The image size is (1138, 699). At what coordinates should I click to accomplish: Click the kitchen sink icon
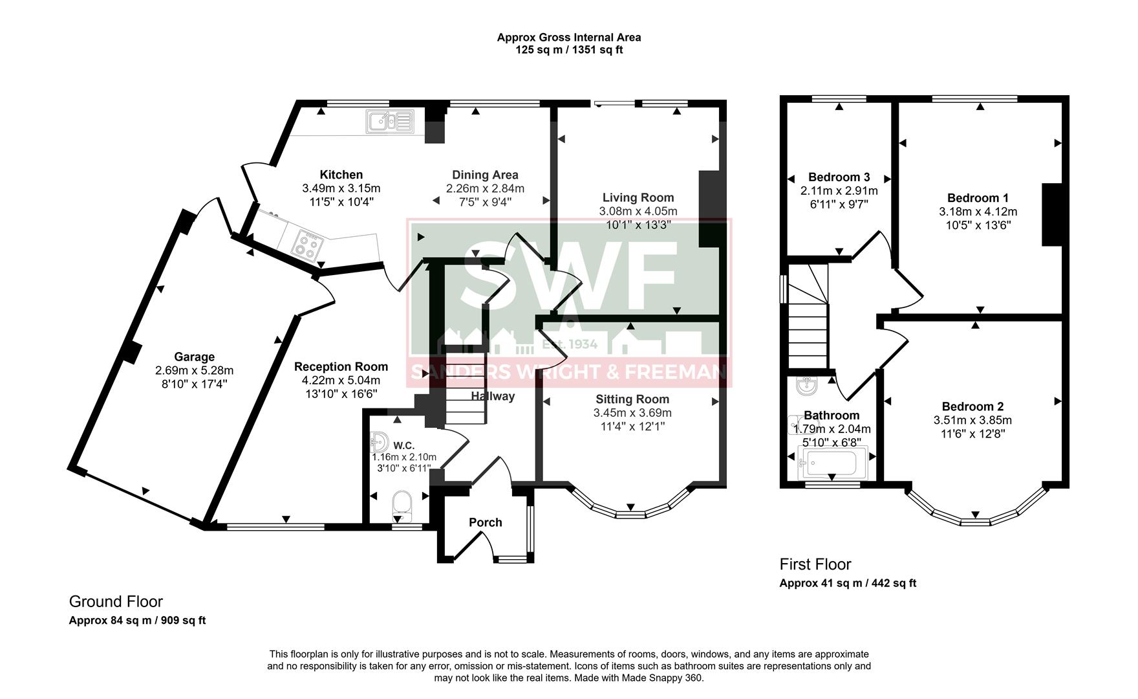pyautogui.click(x=389, y=121)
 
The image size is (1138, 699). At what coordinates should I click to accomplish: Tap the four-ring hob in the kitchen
pyautogui.click(x=306, y=245)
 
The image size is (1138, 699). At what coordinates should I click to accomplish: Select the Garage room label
pyautogui.click(x=194, y=357)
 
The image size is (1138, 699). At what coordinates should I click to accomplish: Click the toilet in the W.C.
pyautogui.click(x=402, y=505)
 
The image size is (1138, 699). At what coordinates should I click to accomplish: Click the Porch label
pyautogui.click(x=485, y=522)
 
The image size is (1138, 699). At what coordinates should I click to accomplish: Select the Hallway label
pyautogui.click(x=493, y=396)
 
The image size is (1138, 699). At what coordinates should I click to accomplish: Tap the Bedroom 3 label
pyautogui.click(x=839, y=177)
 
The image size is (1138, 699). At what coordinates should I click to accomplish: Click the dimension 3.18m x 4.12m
pyautogui.click(x=978, y=212)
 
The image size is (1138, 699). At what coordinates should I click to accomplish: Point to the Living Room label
pyautogui.click(x=638, y=197)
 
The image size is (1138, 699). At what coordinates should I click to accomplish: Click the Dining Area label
pyautogui.click(x=485, y=175)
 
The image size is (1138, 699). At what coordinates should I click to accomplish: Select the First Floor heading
pyautogui.click(x=815, y=564)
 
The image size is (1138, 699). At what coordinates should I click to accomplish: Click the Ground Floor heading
pyautogui.click(x=116, y=602)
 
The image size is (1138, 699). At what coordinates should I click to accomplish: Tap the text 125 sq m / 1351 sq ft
pyautogui.click(x=569, y=50)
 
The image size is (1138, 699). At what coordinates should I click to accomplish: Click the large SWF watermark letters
pyautogui.click(x=569, y=278)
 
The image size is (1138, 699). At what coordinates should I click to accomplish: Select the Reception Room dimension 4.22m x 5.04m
pyautogui.click(x=341, y=380)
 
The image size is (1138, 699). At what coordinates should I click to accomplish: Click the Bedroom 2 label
pyautogui.click(x=972, y=406)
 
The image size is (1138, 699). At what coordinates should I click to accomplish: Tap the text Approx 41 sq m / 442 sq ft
pyautogui.click(x=847, y=583)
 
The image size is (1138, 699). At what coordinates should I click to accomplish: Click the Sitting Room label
pyautogui.click(x=632, y=399)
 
